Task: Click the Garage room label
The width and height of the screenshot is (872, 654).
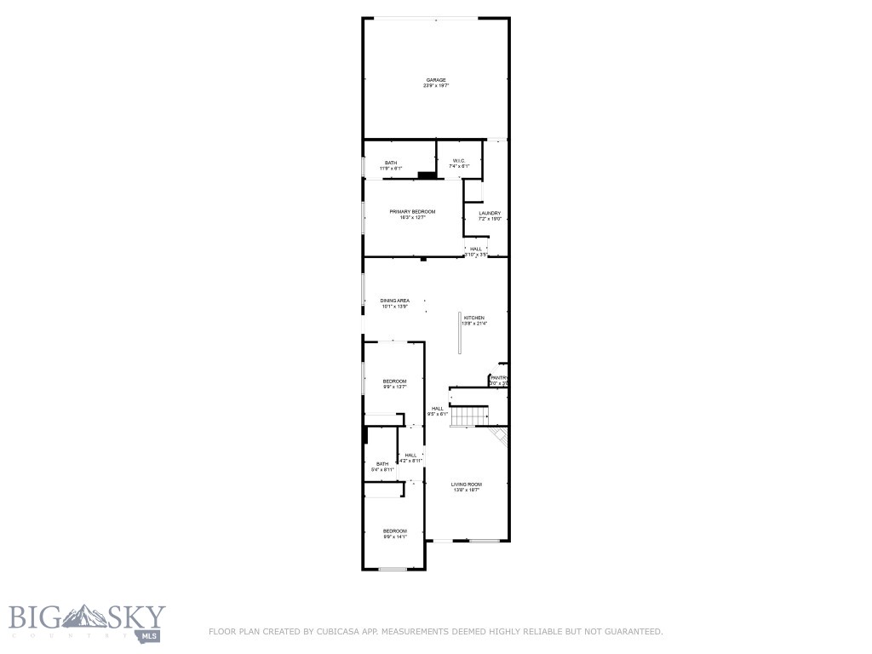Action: click(436, 80)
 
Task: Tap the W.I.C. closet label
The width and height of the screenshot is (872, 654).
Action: click(458, 161)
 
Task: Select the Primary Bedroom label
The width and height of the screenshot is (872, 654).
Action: click(412, 211)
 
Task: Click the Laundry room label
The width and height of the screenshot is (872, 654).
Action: click(489, 213)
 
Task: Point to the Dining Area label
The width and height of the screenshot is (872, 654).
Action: click(395, 301)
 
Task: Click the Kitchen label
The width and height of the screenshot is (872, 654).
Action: click(473, 318)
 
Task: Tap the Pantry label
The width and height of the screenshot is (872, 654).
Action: click(499, 377)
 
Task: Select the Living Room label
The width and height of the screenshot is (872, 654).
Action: click(466, 484)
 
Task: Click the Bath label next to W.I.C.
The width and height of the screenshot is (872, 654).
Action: click(390, 163)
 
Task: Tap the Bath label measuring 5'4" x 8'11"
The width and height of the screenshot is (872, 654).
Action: click(382, 463)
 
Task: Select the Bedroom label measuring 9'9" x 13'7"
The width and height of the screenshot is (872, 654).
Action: click(394, 381)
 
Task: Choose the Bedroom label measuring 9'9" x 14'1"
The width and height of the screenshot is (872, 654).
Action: click(394, 531)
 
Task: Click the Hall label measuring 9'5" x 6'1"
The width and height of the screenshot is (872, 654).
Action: click(438, 408)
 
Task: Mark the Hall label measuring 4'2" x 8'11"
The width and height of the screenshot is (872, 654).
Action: click(411, 455)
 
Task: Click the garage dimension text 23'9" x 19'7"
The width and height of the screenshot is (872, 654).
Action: click(436, 86)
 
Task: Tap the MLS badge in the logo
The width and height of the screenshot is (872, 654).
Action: click(152, 634)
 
